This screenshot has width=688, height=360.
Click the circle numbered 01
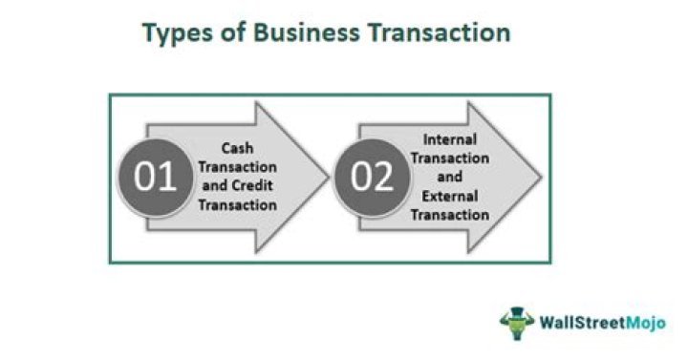click(x=154, y=178)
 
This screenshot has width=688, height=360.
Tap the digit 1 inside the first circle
click(x=166, y=178)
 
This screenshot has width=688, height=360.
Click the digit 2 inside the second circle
click(x=381, y=178)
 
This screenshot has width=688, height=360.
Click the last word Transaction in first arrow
click(x=246, y=203)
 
